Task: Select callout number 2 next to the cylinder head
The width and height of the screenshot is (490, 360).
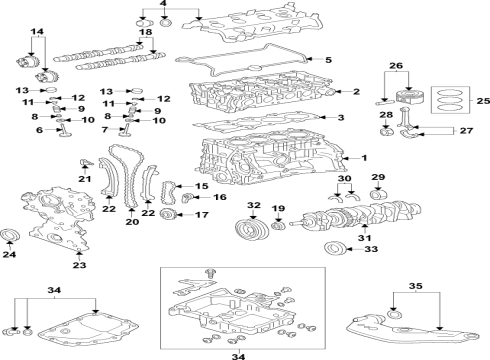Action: (x=356, y=92)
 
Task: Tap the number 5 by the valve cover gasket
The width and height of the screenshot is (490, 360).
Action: (x=341, y=119)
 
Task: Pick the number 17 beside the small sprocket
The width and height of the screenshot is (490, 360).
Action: (x=201, y=215)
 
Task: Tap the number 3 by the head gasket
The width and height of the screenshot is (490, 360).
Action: (x=341, y=119)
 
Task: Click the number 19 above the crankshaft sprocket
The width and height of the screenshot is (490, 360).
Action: (x=278, y=208)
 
